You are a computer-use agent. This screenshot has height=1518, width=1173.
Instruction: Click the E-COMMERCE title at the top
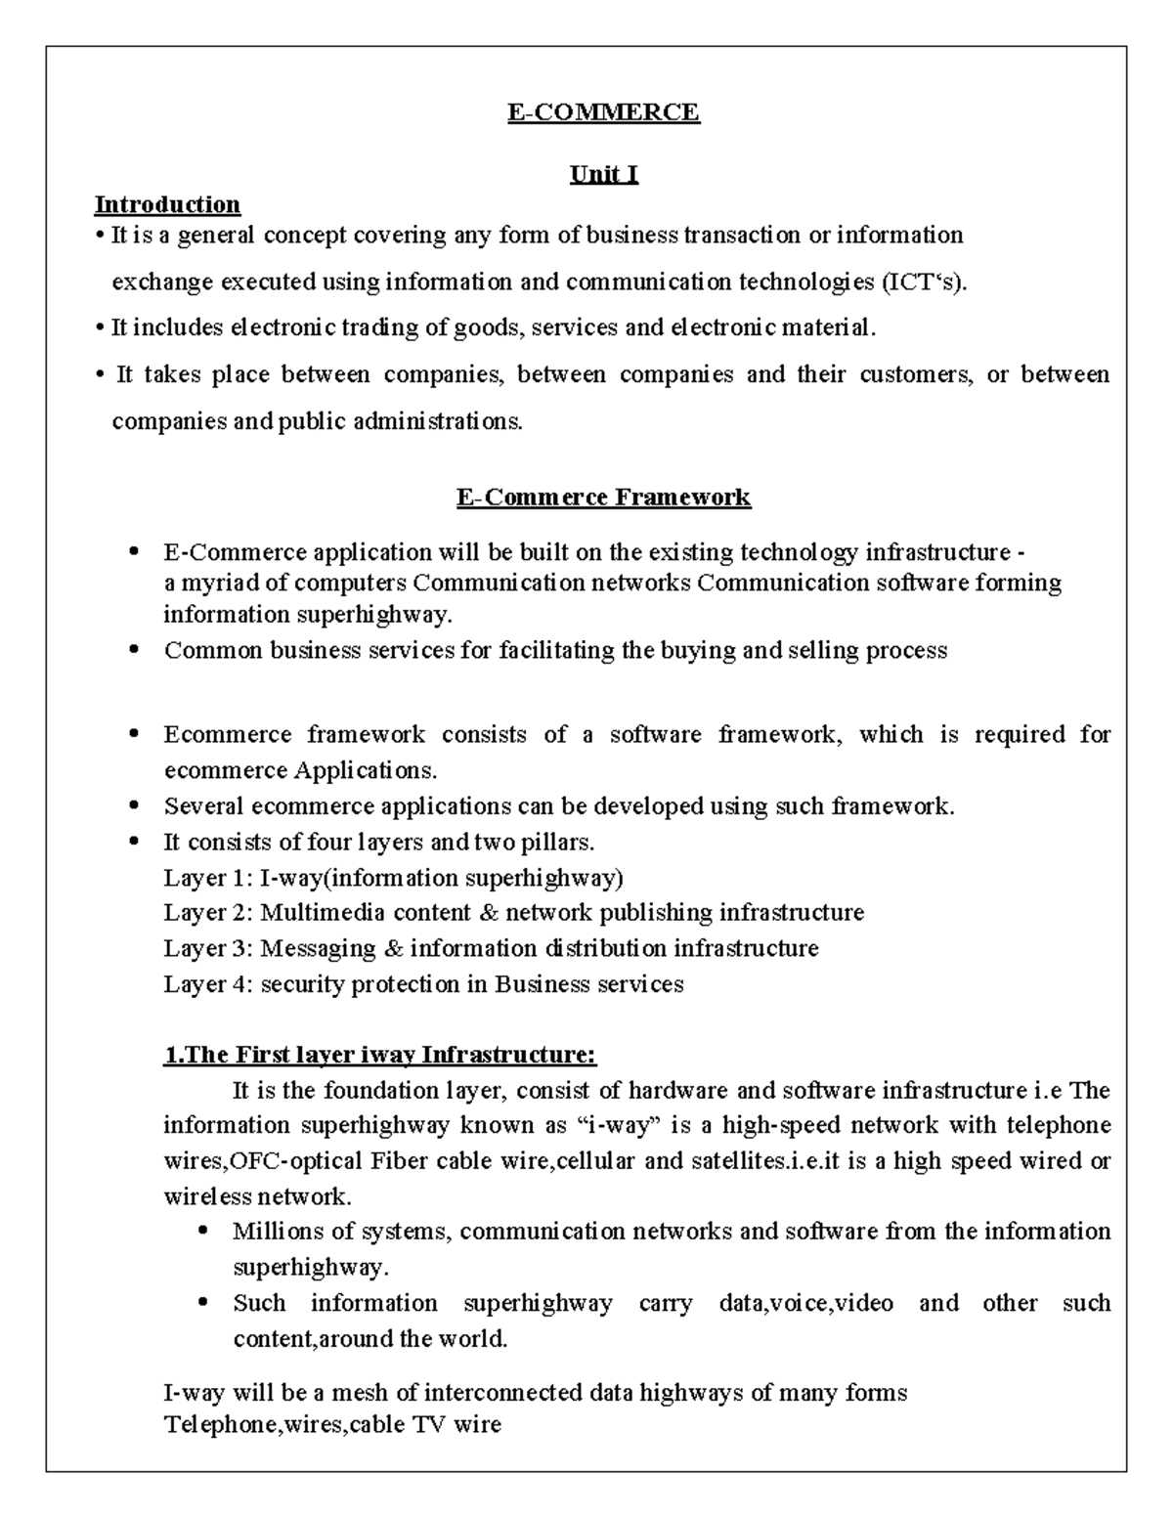coord(603,112)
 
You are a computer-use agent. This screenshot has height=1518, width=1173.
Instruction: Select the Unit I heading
coord(604,175)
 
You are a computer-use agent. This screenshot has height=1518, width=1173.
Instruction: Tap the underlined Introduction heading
coord(167,204)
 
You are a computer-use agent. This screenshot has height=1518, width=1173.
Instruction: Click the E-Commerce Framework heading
coord(603,498)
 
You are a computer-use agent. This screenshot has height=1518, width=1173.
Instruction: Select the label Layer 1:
coord(208,878)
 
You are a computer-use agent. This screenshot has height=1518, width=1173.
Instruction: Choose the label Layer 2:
coord(208,913)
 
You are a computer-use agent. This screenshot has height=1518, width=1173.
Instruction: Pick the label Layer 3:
coord(208,948)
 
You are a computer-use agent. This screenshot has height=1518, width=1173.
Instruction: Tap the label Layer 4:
coord(208,984)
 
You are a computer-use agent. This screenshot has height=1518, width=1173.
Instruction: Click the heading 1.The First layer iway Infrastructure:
coord(379,1056)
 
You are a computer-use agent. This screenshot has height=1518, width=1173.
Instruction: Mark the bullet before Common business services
coord(135,650)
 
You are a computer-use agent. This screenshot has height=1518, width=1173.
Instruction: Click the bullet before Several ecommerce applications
coord(135,806)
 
